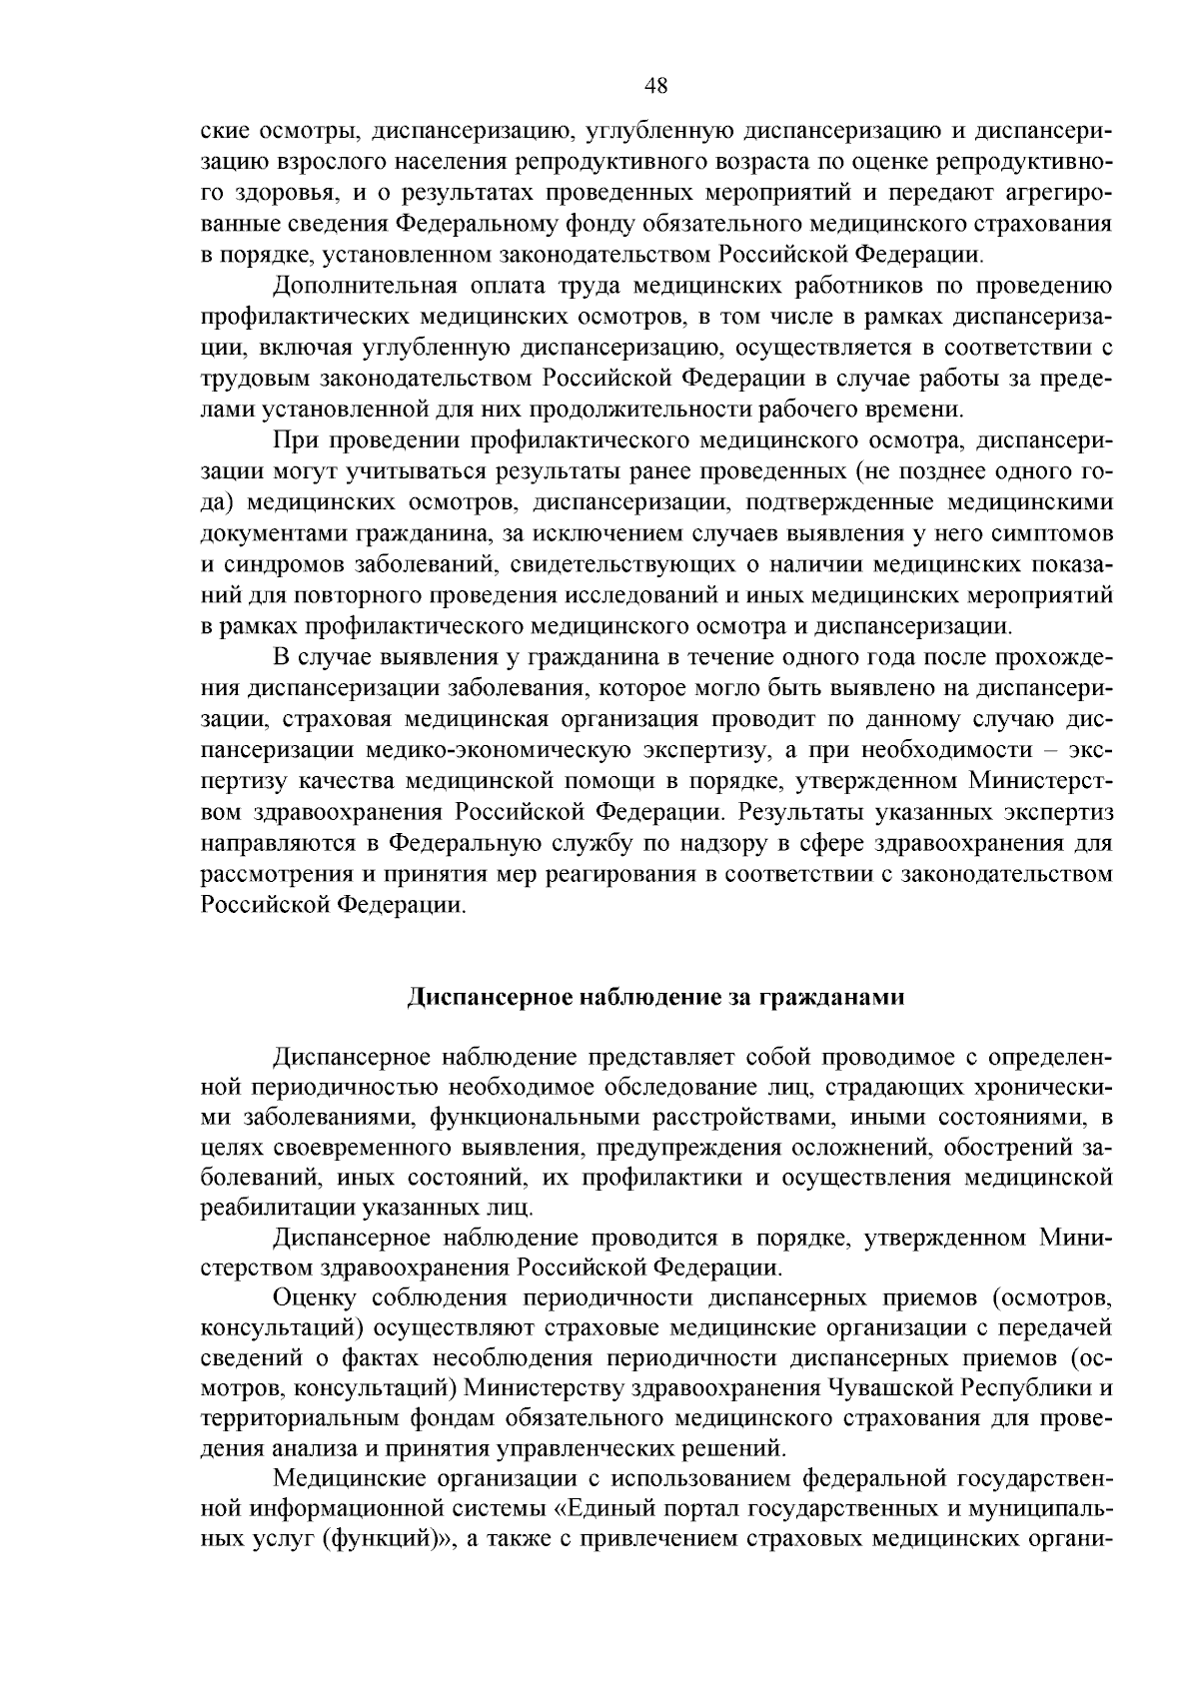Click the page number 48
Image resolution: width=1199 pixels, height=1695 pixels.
[656, 86]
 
